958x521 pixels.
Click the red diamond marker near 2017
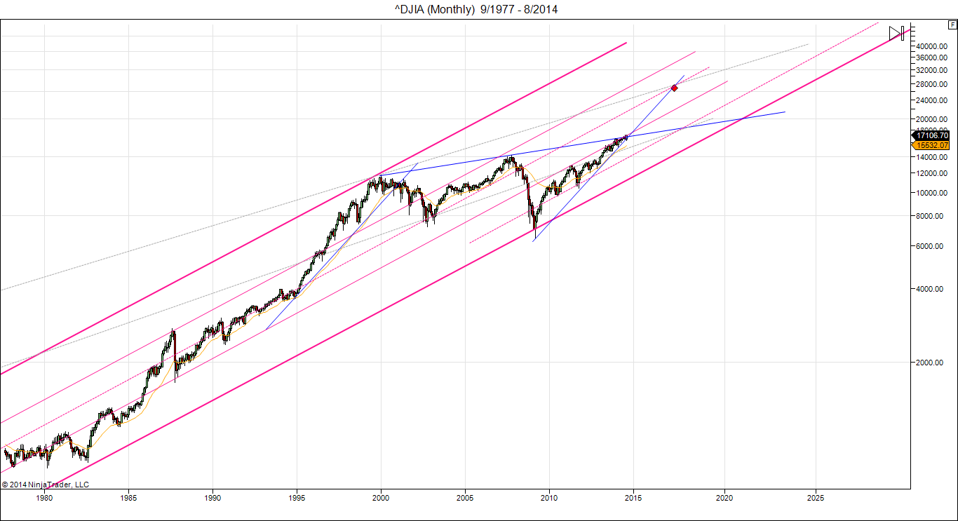(x=674, y=88)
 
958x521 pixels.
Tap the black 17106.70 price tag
(x=932, y=135)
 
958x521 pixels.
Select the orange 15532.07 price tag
(x=932, y=145)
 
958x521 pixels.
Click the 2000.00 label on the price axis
(x=930, y=363)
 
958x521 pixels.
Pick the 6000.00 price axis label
(x=930, y=246)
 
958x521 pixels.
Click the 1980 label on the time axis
(x=44, y=499)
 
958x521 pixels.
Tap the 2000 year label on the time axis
(x=381, y=499)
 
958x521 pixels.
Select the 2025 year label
(x=815, y=499)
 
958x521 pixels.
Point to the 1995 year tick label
(x=297, y=499)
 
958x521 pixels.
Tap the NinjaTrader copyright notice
(x=46, y=484)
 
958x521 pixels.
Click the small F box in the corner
(x=952, y=25)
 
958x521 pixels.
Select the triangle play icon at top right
(x=894, y=33)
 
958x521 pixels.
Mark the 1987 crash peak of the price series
(x=173, y=330)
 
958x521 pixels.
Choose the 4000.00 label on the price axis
(x=930, y=289)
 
